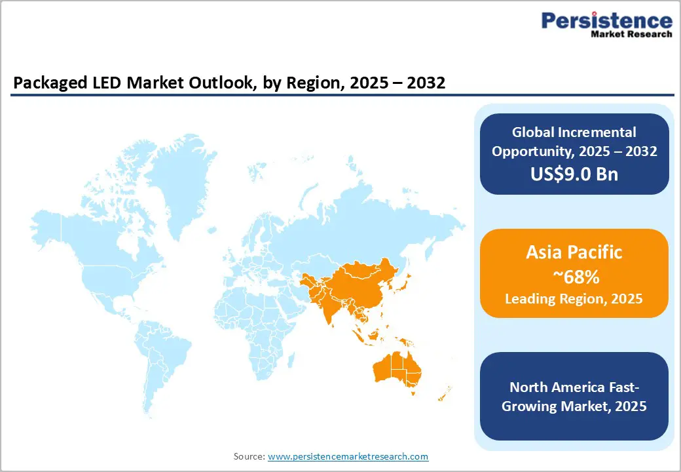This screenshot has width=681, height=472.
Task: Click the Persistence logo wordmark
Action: tap(606, 21)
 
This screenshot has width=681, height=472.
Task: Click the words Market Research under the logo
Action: tap(631, 34)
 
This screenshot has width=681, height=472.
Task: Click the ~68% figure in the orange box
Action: tap(574, 277)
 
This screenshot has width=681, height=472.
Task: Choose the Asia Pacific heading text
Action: tap(574, 252)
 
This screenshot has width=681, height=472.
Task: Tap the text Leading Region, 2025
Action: tap(574, 299)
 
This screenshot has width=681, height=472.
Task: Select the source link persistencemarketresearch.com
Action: tap(348, 456)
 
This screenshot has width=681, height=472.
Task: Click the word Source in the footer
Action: tap(249, 456)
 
